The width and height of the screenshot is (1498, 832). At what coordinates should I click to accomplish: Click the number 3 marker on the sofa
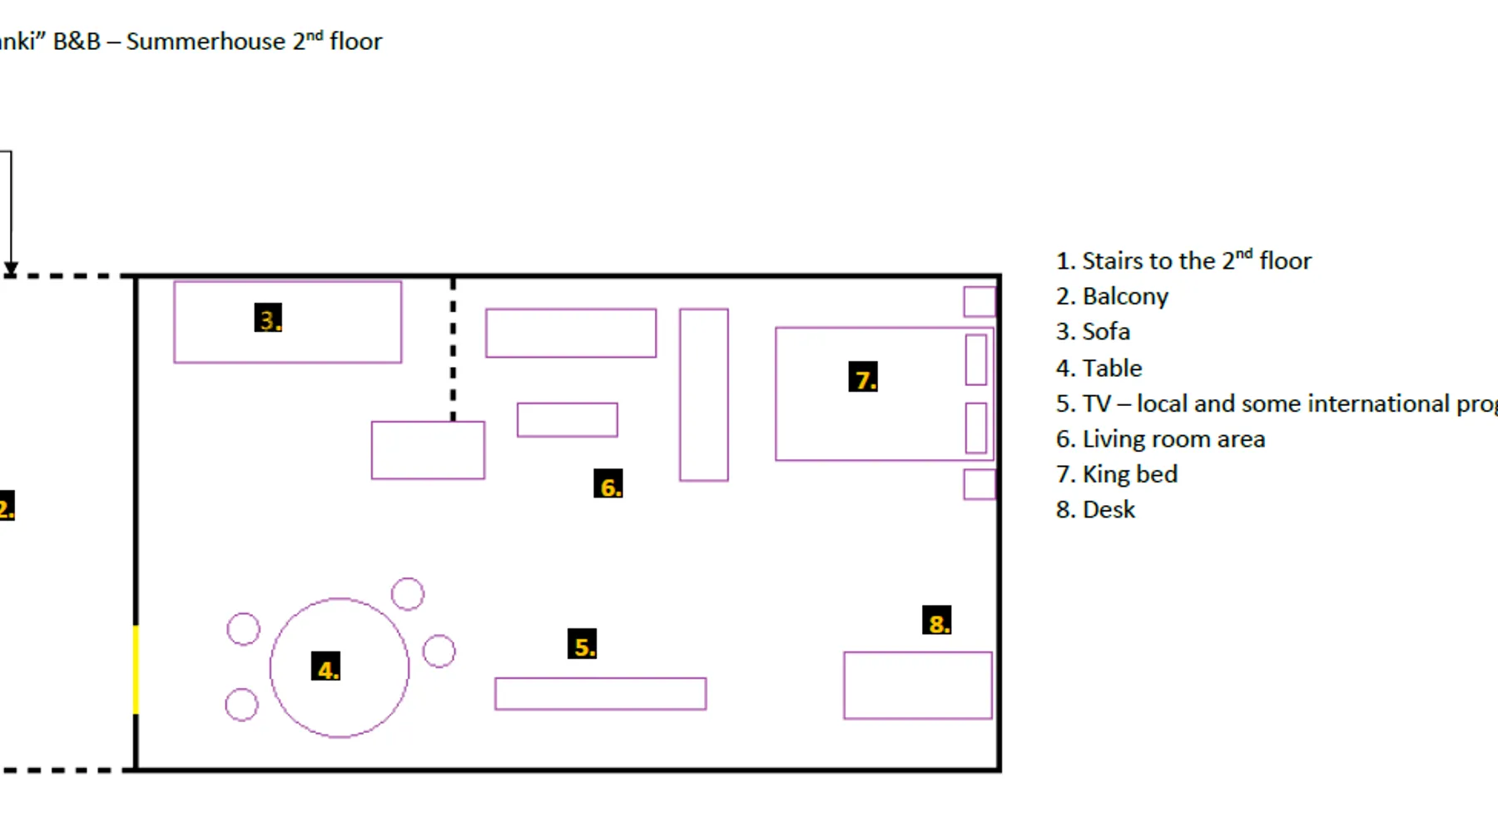(268, 319)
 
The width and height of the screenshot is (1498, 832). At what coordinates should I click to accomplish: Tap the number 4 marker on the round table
(326, 668)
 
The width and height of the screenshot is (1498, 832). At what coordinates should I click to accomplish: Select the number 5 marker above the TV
(583, 645)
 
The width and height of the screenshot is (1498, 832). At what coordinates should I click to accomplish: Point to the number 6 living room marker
(608, 484)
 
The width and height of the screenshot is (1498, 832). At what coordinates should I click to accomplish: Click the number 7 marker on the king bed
(863, 378)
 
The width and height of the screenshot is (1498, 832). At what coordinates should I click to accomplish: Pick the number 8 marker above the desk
(937, 621)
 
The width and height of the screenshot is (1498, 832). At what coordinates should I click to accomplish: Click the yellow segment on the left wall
(136, 670)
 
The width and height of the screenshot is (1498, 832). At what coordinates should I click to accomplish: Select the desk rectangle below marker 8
(918, 686)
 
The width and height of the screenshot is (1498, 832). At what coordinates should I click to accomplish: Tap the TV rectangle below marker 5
(600, 694)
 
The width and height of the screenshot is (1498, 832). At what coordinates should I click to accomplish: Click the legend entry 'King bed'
(1129, 474)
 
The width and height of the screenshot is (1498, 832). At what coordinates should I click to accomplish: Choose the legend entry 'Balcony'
(1124, 296)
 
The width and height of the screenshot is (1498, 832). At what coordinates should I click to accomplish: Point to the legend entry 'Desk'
(1108, 509)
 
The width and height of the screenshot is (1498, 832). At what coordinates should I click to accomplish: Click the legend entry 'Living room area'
(1173, 438)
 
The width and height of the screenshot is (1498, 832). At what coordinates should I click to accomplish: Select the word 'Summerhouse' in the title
(206, 41)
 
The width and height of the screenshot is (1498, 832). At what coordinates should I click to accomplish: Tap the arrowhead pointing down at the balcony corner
(11, 269)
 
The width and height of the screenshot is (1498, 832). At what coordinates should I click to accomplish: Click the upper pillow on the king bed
(976, 359)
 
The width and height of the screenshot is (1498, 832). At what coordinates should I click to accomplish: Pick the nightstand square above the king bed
(980, 301)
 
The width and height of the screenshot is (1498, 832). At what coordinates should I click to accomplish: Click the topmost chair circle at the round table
(408, 594)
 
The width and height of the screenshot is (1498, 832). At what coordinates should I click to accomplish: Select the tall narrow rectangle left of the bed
(704, 395)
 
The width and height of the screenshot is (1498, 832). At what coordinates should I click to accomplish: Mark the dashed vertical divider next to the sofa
(453, 349)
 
